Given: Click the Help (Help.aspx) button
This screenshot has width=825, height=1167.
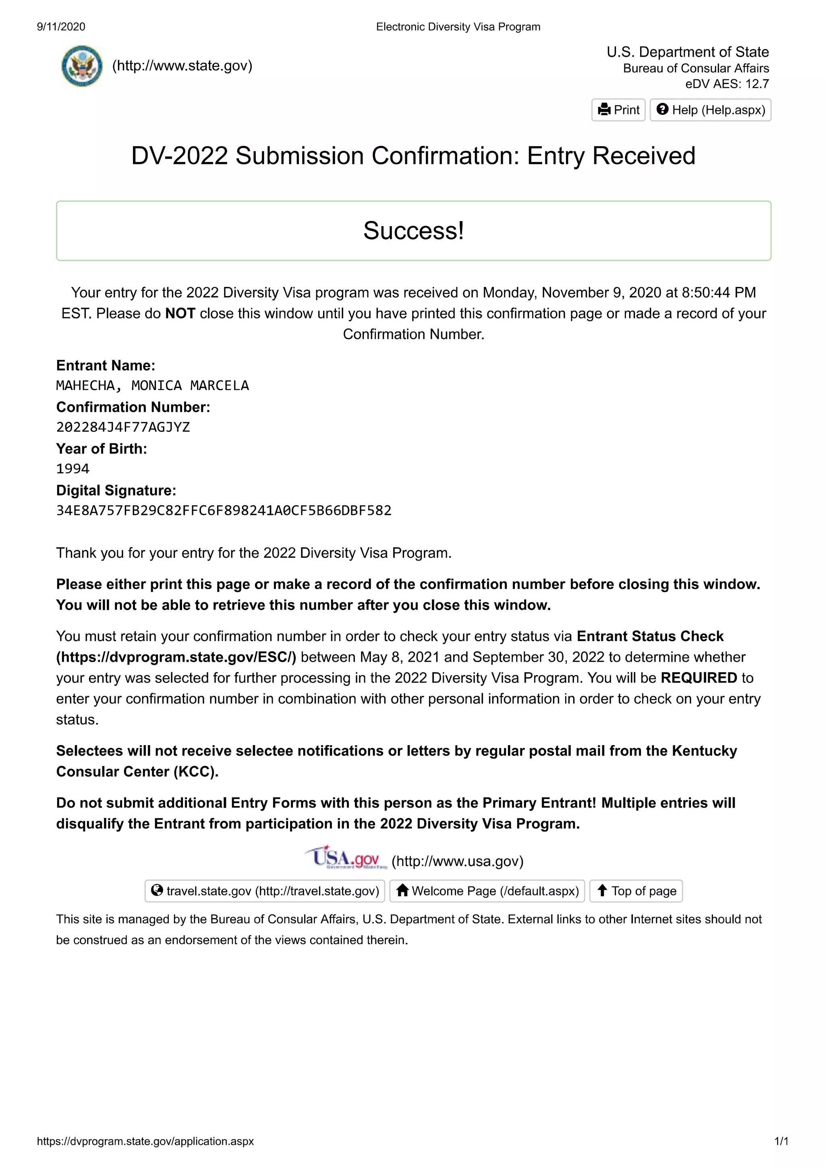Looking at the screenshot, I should click(x=710, y=110).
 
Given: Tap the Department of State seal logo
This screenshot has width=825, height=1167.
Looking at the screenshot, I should click(x=81, y=66).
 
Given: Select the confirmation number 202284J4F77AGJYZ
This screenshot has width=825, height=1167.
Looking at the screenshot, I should click(x=123, y=427).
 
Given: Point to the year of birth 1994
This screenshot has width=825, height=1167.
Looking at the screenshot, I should click(x=73, y=469).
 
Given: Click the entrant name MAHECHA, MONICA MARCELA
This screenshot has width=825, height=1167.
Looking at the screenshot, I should click(x=152, y=385).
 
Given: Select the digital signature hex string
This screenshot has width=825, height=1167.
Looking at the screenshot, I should click(x=224, y=510).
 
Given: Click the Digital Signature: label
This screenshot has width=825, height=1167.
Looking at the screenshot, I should click(x=116, y=490).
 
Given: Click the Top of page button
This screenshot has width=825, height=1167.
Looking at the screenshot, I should click(x=636, y=891).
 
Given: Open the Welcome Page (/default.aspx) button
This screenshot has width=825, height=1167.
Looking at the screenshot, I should click(x=487, y=891).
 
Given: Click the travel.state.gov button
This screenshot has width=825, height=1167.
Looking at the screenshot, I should click(x=265, y=891).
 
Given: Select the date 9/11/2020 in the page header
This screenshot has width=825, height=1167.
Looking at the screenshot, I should click(x=61, y=27).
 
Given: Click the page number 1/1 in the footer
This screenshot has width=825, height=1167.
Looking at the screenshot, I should click(x=781, y=1141).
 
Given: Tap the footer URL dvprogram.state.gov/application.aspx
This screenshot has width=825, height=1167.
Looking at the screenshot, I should click(x=145, y=1141).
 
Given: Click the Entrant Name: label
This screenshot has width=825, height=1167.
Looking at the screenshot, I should click(x=105, y=365).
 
